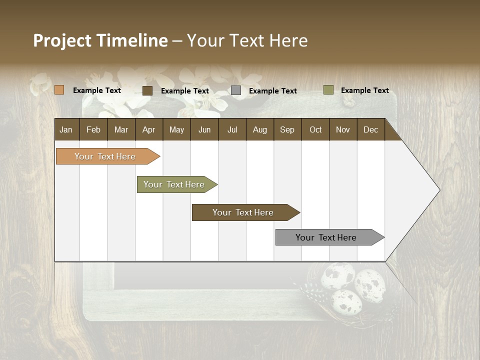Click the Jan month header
point(66,129)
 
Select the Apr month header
point(148,129)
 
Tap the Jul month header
point(232,129)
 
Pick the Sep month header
point(287,129)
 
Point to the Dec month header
point(370,129)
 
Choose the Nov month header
point(342,129)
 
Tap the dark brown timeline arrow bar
point(243,212)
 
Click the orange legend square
point(59,90)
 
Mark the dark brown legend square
point(147,90)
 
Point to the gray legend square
point(236,90)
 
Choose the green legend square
point(328,90)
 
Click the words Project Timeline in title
point(100,40)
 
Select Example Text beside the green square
point(364,90)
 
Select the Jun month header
point(204,129)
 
